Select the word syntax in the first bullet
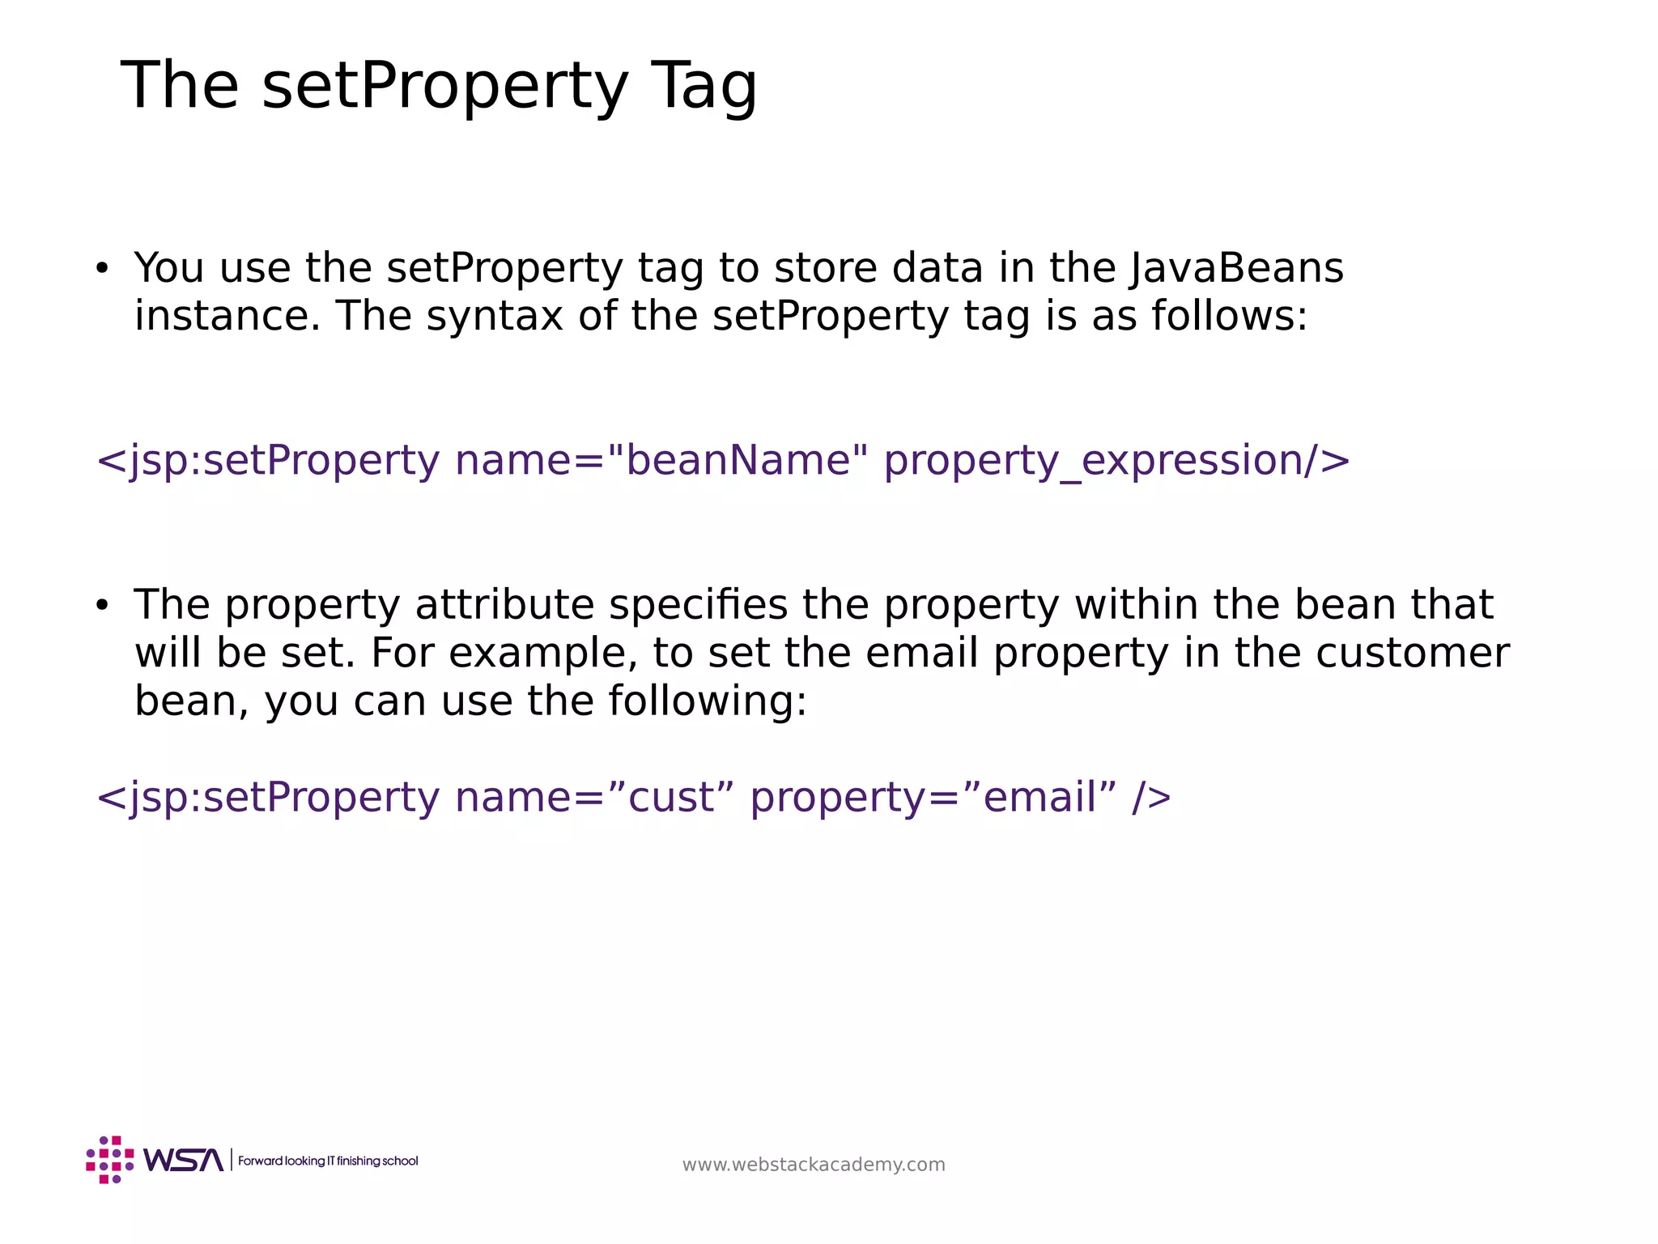[x=494, y=316]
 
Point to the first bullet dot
[x=101, y=268]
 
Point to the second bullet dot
[x=101, y=605]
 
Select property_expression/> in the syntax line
[x=1116, y=460]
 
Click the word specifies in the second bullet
[x=698, y=605]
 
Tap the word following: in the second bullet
[x=708, y=701]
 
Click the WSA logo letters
[x=184, y=1161]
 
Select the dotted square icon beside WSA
[x=110, y=1160]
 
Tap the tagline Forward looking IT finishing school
[x=328, y=1161]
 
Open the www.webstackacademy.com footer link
[x=814, y=1165]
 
